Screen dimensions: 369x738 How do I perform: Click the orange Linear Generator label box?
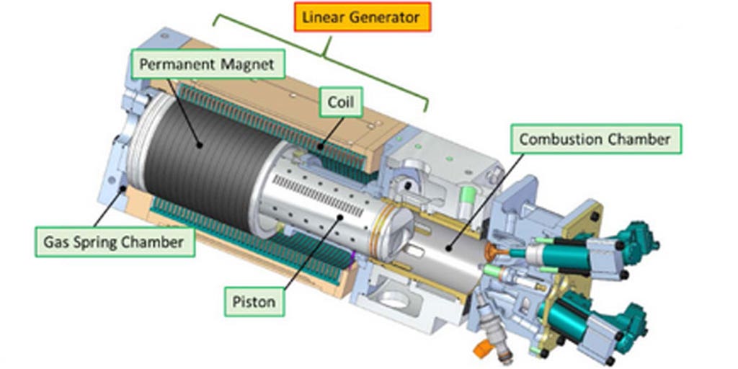[x=362, y=17]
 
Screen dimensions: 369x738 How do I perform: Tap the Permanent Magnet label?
[x=206, y=64]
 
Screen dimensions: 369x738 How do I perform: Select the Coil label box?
[x=341, y=102]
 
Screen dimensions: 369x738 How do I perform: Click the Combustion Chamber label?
[x=595, y=138]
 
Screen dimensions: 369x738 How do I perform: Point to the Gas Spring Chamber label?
[x=115, y=241]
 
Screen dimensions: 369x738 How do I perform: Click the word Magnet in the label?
[x=246, y=64]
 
